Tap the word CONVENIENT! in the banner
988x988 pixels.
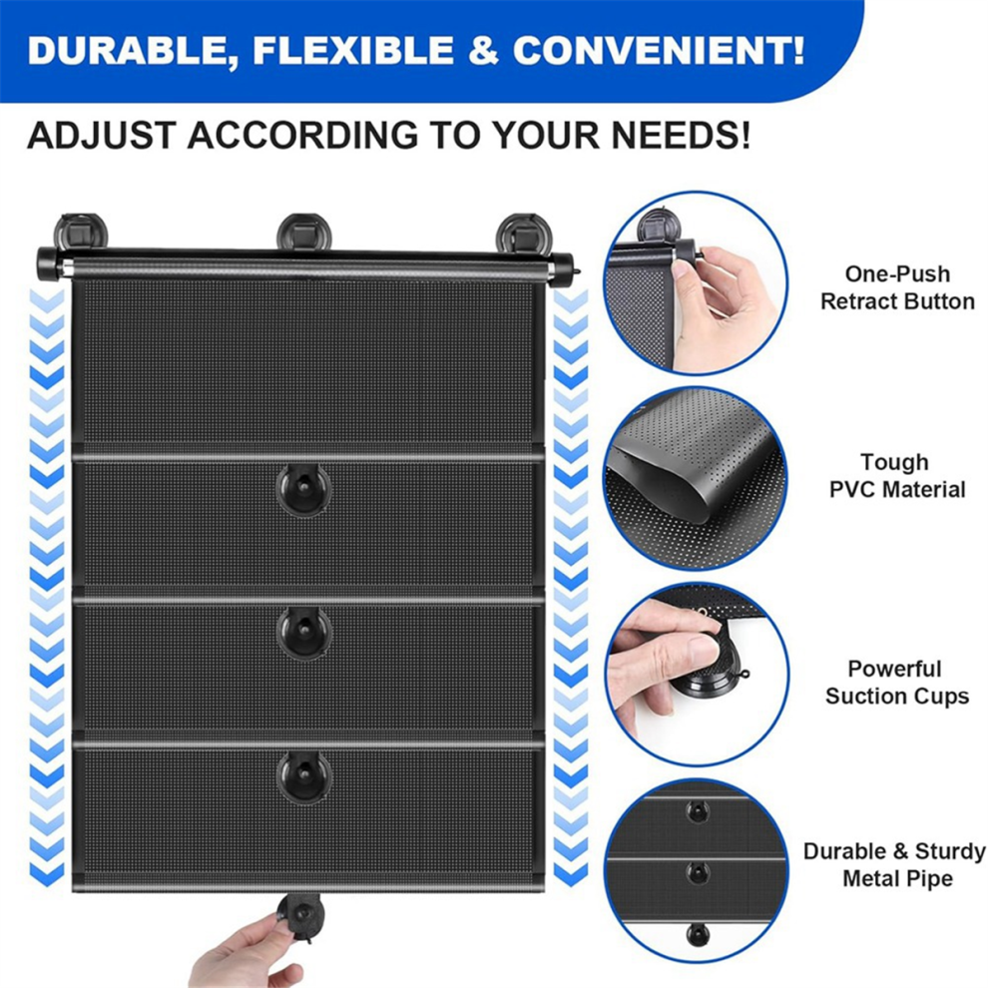coord(659,51)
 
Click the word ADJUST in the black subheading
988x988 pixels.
coord(102,135)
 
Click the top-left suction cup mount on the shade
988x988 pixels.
coord(81,232)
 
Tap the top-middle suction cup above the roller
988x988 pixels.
coord(303,232)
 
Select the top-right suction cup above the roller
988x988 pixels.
coord(523,232)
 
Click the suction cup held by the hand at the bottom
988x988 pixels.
coord(302,917)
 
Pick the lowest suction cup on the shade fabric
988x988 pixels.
coord(303,776)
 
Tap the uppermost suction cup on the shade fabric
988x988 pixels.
coord(303,490)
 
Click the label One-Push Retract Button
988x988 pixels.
coord(897,287)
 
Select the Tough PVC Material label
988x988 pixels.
coord(896,476)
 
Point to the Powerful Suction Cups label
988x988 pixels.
coord(896,683)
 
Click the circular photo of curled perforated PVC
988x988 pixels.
coord(697,479)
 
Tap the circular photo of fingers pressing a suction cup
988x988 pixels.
coord(697,675)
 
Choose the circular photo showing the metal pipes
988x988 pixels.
coord(697,871)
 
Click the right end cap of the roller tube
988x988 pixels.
coord(563,270)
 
